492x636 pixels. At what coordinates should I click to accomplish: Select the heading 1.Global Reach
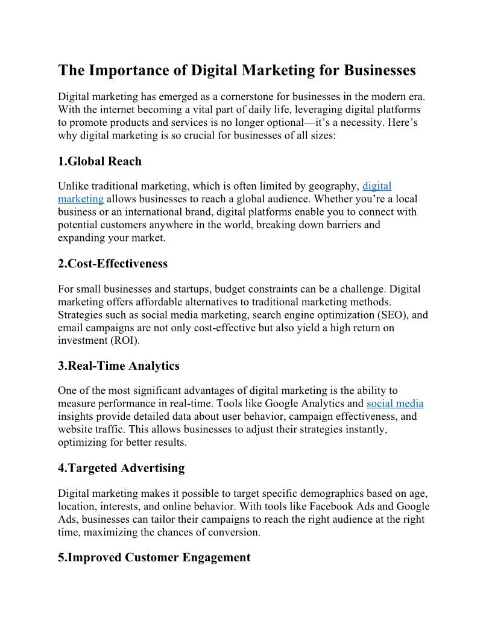(x=99, y=161)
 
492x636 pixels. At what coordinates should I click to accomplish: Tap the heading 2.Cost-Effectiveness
(x=113, y=264)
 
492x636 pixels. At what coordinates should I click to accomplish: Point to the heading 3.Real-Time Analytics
(x=119, y=366)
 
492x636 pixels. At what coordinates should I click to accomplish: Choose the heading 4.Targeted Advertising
(x=121, y=468)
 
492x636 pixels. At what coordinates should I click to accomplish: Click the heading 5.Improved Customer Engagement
(x=154, y=558)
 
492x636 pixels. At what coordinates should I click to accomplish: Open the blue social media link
(x=395, y=404)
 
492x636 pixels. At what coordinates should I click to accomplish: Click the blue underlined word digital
(x=377, y=186)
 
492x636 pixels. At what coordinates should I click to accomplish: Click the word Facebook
(x=307, y=506)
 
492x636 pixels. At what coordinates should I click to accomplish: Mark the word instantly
(x=369, y=429)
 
